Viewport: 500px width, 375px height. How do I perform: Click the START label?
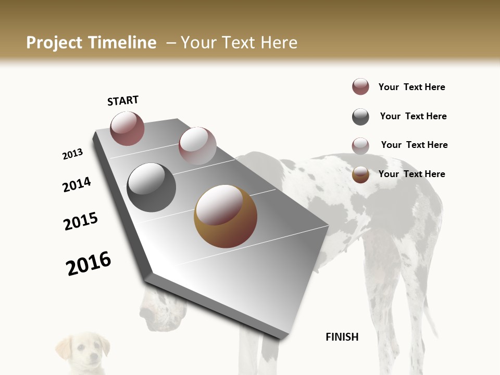coord(123,101)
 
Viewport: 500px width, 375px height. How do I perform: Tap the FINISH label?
coord(342,337)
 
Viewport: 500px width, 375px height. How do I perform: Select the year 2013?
coord(72,154)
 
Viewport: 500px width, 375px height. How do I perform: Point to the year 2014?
coord(77,185)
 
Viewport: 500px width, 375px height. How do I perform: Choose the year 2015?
coord(81,222)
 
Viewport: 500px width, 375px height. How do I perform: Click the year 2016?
coord(89,264)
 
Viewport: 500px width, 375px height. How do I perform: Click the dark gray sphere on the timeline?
coord(151,187)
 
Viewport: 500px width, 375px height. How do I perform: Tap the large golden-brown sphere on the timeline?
coord(225,216)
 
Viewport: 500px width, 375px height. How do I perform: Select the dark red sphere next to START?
coord(127,128)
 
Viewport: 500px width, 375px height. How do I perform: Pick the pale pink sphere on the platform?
coord(197,145)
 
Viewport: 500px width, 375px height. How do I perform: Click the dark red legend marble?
coord(360,87)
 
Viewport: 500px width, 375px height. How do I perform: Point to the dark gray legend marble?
coord(360,117)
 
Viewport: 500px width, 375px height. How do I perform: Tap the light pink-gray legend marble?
coord(360,146)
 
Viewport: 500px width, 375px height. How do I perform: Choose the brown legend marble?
coord(360,174)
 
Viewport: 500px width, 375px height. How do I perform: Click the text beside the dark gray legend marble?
coord(413,116)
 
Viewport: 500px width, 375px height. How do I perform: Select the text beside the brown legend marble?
coord(411,174)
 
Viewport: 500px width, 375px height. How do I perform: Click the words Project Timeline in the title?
coord(91,43)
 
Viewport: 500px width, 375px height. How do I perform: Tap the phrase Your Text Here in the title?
coord(239,43)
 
